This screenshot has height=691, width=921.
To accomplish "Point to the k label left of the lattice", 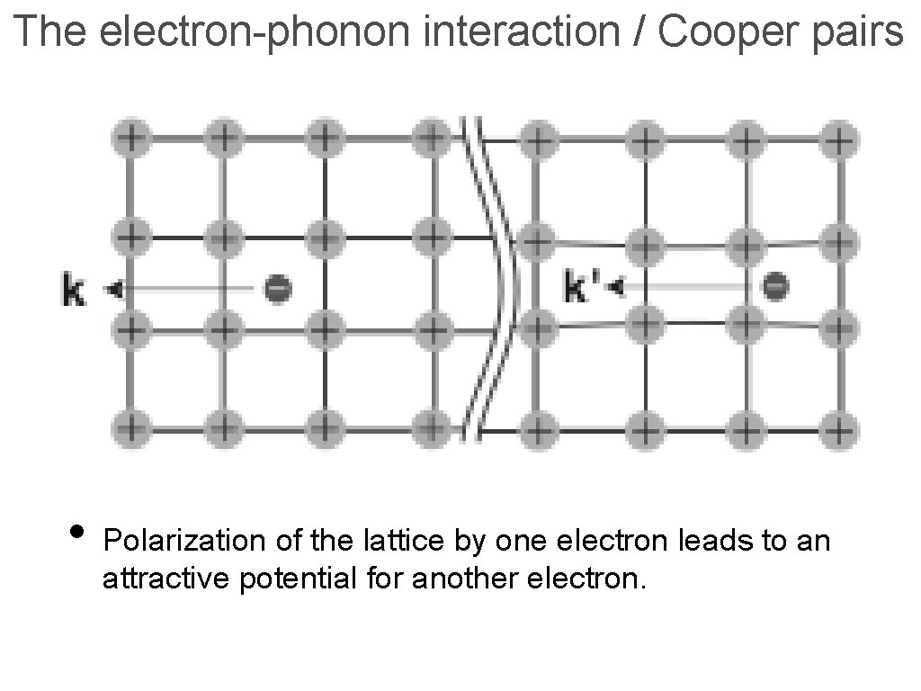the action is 74,291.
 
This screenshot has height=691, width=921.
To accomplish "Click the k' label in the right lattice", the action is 582,289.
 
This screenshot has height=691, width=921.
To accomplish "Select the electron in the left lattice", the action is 278,289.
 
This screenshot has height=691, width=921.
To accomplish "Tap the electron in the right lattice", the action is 775,287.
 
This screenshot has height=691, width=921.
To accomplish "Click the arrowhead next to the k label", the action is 112,290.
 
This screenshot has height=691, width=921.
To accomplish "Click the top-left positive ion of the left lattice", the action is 132,139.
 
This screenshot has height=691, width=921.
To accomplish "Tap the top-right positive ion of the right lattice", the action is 839,140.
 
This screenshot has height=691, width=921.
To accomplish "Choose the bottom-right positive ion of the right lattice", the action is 839,429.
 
